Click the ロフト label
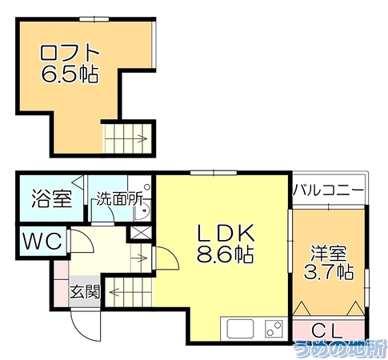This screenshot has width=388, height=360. (x=70, y=53)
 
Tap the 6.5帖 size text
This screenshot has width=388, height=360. (x=70, y=74)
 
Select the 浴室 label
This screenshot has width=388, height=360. (x=52, y=198)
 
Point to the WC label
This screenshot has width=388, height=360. (x=43, y=241)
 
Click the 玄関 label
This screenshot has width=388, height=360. (x=85, y=292)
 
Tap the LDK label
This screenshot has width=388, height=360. (x=225, y=234)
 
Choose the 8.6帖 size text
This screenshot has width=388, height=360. (x=225, y=254)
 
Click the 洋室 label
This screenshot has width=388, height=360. (x=329, y=254)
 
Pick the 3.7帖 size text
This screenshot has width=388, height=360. (x=329, y=272)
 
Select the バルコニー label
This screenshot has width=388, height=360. (x=328, y=190)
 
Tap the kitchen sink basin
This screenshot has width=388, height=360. (x=240, y=329)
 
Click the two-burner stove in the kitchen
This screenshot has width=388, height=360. (x=274, y=329)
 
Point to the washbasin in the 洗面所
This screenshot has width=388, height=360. (x=143, y=210)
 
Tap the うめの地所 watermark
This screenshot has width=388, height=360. (x=340, y=349)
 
